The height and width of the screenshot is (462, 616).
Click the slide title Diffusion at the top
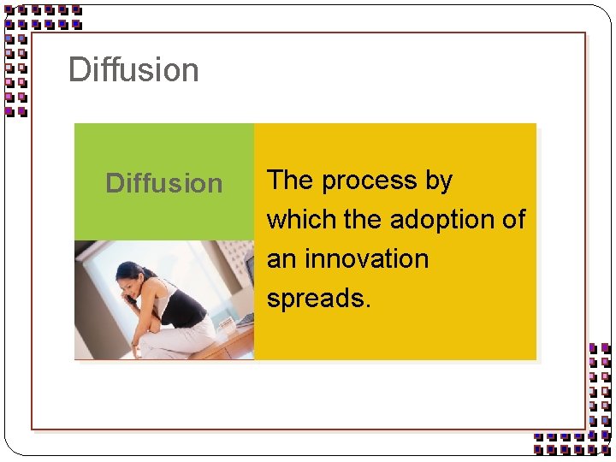pos(133,70)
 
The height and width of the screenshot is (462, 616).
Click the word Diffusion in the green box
pos(163,183)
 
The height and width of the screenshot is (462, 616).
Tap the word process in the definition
pos(370,181)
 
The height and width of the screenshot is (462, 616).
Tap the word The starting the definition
pos(290,181)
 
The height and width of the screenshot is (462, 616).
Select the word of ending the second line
pos(513,220)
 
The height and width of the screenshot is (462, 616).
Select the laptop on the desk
pos(246,318)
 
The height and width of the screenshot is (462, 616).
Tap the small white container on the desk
pos(227,325)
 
